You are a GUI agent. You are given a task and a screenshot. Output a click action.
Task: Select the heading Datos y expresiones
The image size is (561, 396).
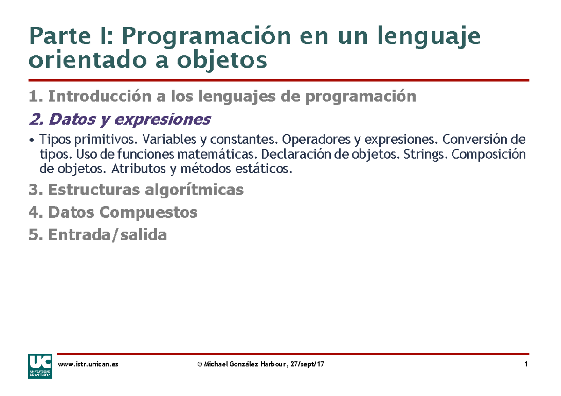coord(119,120)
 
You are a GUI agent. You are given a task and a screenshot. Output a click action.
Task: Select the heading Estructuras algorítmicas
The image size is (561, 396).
coord(136,190)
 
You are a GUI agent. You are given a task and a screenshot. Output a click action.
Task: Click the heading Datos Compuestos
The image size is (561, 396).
coord(113,212)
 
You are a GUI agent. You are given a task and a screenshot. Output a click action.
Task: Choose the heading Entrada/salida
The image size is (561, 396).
coord(98,235)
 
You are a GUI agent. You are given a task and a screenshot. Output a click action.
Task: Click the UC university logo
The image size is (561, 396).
coord(40,366)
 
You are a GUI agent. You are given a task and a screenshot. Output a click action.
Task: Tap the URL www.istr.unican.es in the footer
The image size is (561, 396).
coord(87,364)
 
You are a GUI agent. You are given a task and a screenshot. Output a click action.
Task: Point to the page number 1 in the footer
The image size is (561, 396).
coord(526,364)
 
